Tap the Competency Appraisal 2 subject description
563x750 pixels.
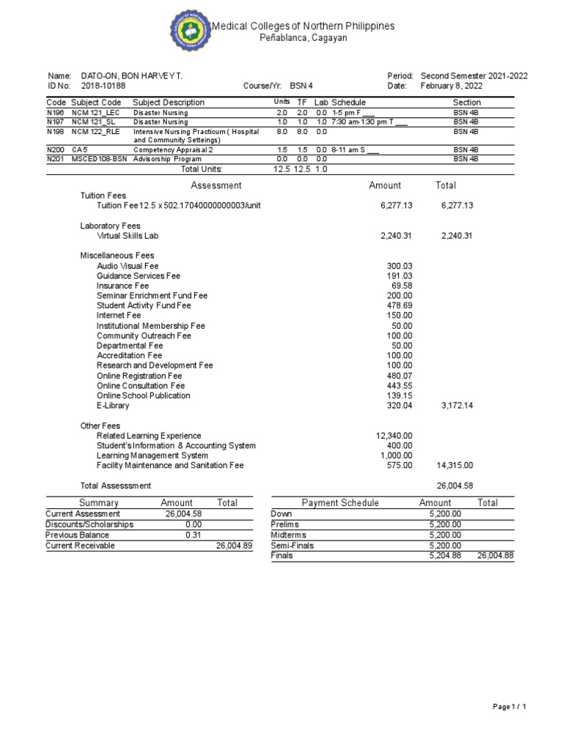click(x=166, y=149)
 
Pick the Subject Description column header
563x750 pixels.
click(x=169, y=103)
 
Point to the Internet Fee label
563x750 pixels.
click(x=119, y=316)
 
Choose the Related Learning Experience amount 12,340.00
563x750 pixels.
click(x=394, y=436)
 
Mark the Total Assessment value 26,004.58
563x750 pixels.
click(x=455, y=486)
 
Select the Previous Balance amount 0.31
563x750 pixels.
click(x=194, y=535)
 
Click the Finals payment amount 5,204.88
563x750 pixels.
click(x=446, y=556)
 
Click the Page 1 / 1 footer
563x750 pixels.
click(x=509, y=706)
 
